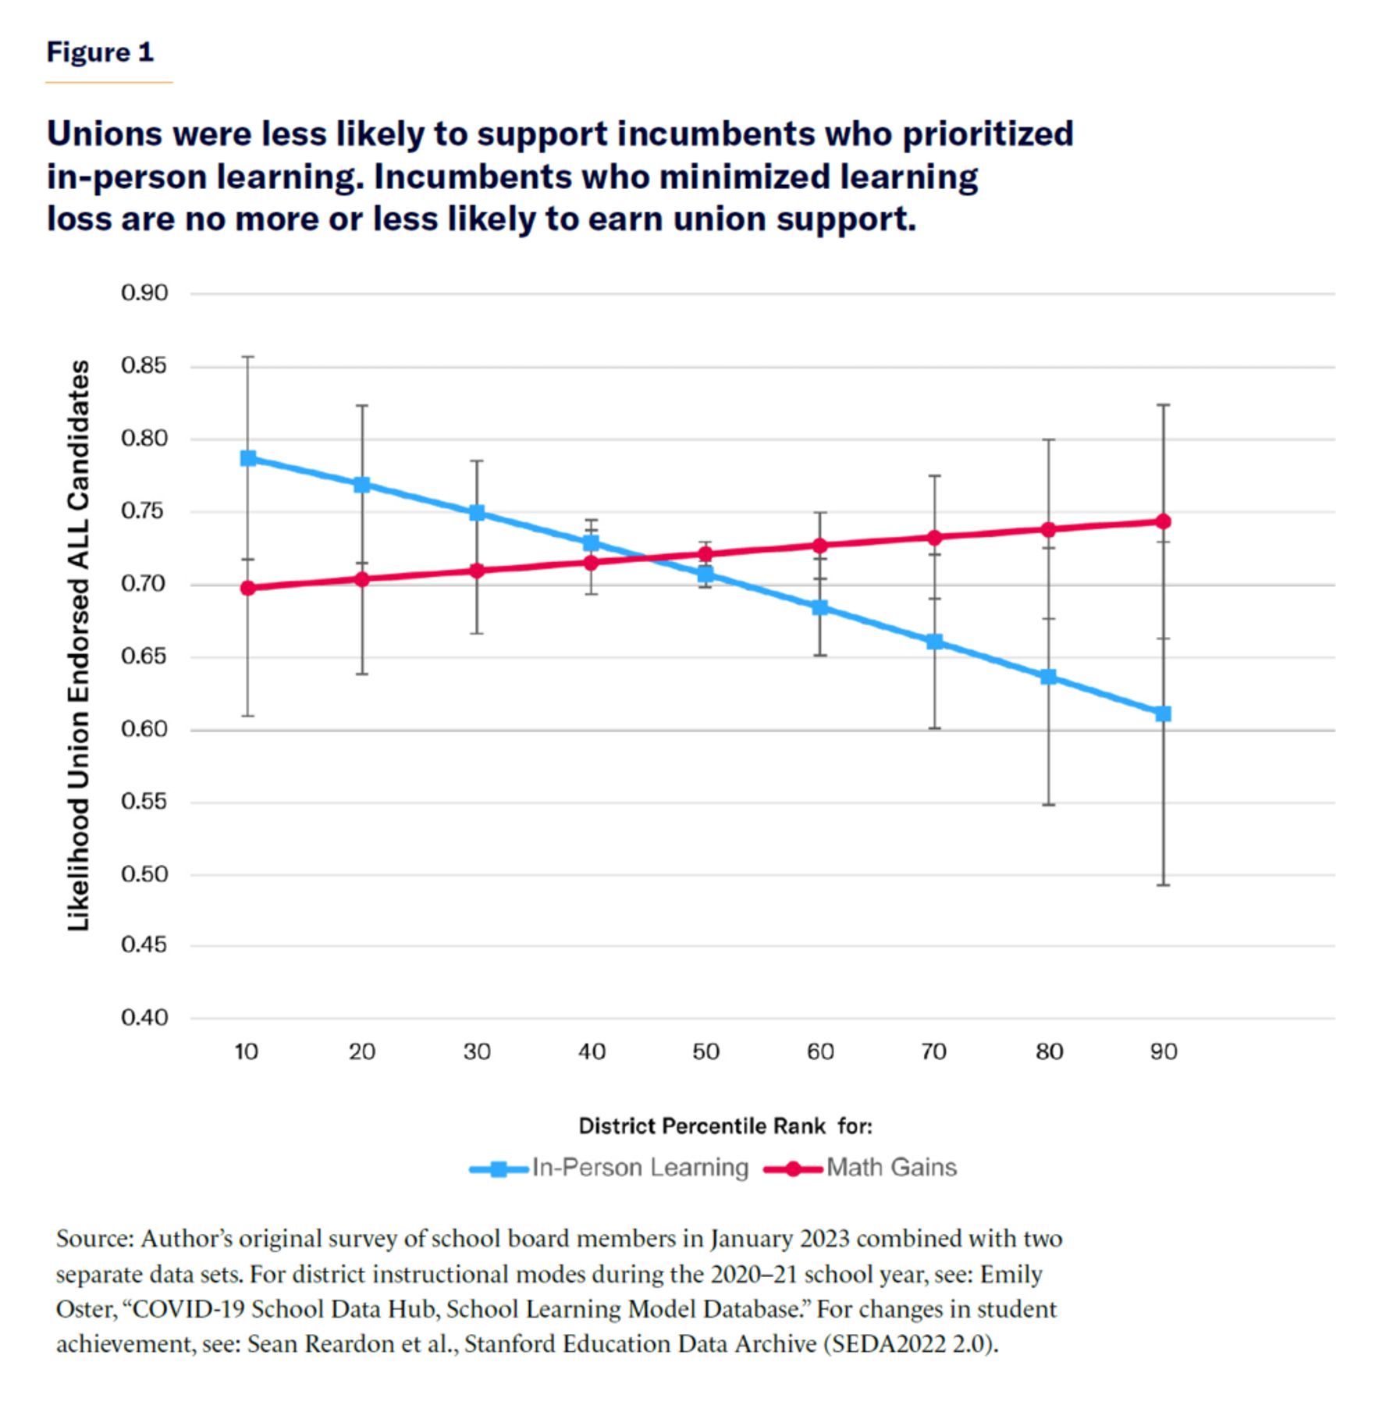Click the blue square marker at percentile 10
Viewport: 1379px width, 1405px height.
(x=248, y=458)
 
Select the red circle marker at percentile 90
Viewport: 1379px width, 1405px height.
(x=1163, y=521)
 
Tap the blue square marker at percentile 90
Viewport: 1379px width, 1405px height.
(x=1163, y=713)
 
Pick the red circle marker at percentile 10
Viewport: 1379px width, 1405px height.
(x=248, y=588)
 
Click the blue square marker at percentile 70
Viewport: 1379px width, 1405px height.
(x=934, y=642)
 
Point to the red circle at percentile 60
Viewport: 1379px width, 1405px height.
(x=819, y=546)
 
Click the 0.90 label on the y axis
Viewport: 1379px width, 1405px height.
(x=144, y=293)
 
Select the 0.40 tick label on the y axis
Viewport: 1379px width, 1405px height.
(x=144, y=1018)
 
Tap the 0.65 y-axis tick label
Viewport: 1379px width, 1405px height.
(x=144, y=656)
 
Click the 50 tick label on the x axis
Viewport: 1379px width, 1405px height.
(x=705, y=1052)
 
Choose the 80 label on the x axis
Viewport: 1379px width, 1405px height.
(x=1049, y=1052)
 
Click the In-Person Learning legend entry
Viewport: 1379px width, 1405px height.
(x=609, y=1168)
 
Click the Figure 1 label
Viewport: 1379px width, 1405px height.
(x=100, y=52)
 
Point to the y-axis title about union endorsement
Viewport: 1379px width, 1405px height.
(x=78, y=645)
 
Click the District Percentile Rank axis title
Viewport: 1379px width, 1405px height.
(x=725, y=1126)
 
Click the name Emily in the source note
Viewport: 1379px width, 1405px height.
(x=1011, y=1275)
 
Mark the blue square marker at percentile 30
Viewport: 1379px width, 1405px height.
(x=477, y=513)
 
